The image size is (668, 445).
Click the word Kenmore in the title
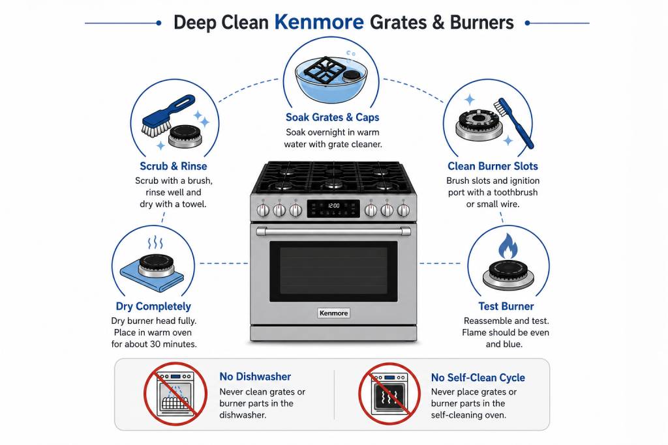319,22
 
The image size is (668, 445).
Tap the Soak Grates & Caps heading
332,117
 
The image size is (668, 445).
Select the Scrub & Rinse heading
174,166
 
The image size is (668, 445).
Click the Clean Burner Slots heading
493,166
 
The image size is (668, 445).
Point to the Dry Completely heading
153,306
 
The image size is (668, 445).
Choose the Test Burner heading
506,306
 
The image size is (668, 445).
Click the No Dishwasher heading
255,377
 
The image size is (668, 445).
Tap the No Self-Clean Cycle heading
478,377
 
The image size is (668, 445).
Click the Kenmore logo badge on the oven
333,313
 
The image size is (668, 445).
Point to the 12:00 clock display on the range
333,206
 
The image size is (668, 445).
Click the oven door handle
333,231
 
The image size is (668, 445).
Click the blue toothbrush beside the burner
513,123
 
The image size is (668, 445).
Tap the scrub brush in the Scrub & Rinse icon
168,115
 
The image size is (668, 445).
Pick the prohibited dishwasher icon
175,394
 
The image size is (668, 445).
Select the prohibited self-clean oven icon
389,394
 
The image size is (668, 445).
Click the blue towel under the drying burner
151,276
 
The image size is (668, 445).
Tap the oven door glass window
333,272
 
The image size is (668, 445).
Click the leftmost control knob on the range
263,210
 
